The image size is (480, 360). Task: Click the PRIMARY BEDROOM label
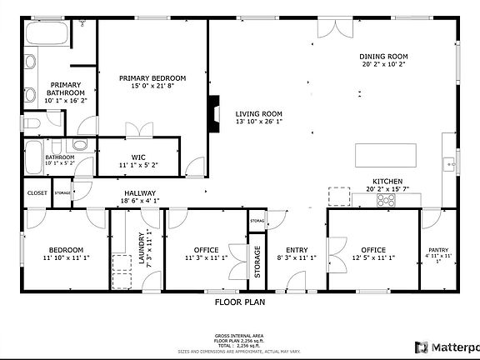coord(152,77)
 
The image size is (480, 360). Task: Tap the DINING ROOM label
coord(383,57)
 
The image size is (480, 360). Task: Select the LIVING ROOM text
coord(258,114)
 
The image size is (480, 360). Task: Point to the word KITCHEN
coord(387,182)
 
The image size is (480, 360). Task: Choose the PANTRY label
coord(438,250)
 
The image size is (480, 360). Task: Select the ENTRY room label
coord(297,250)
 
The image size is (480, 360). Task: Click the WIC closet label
coord(138,157)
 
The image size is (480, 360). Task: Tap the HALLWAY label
coord(140,192)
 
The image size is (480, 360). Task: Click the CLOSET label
coord(37,192)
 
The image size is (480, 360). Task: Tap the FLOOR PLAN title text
coord(239,302)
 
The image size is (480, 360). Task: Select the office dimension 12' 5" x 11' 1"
coord(372,258)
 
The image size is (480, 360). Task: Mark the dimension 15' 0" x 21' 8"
coord(152,86)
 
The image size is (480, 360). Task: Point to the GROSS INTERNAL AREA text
coord(240,332)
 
